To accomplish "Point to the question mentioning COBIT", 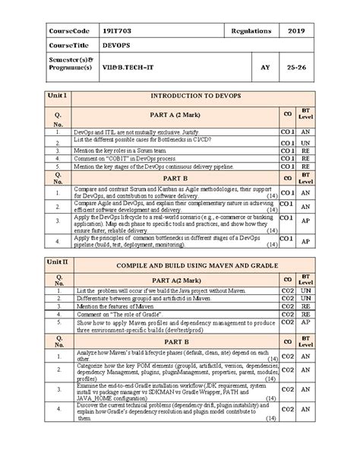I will point(125,160).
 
